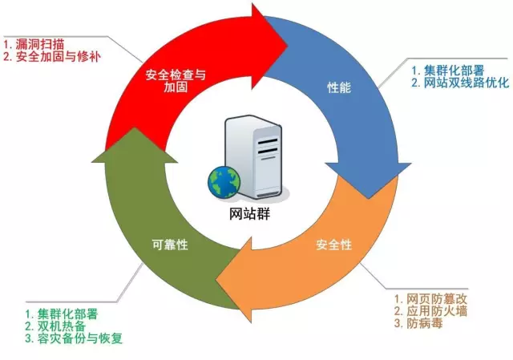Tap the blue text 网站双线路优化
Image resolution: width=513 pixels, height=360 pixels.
[x=460, y=83]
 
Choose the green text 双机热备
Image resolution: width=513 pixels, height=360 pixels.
[x=53, y=326]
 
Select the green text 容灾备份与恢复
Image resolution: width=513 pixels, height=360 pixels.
[x=73, y=339]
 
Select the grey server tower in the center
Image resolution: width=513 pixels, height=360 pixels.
[x=253, y=157]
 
